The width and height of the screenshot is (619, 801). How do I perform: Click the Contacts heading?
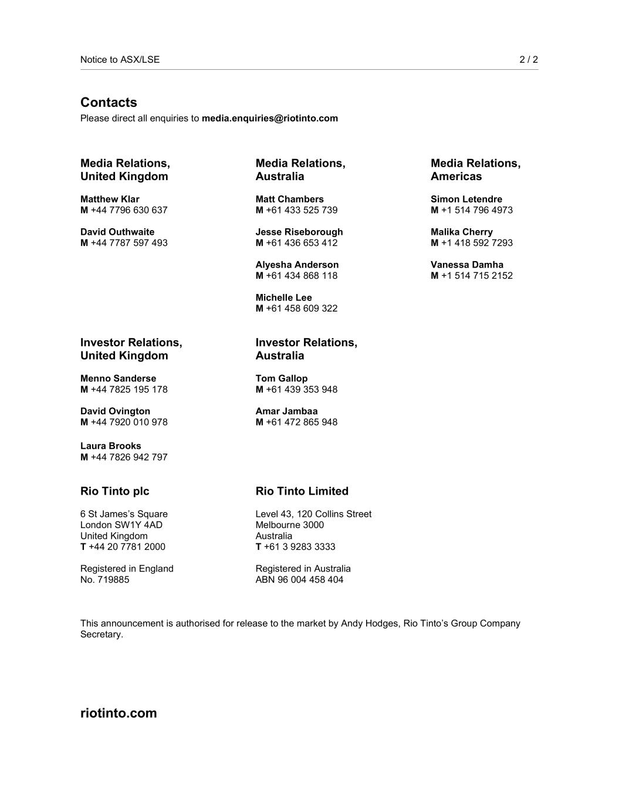tap(109, 103)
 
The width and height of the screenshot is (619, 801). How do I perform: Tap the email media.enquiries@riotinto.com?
tap(270, 119)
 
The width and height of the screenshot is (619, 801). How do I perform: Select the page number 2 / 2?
tap(528, 59)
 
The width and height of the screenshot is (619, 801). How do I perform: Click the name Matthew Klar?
tap(110, 200)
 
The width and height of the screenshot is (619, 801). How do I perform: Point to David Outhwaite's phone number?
tap(128, 243)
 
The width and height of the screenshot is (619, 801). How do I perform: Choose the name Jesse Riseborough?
tap(299, 232)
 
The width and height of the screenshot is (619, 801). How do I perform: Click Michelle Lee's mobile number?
tap(301, 309)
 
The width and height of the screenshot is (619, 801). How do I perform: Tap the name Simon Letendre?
tap(466, 200)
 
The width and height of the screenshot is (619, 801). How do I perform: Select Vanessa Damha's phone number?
tap(476, 276)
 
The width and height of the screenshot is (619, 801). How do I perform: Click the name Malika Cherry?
tap(462, 232)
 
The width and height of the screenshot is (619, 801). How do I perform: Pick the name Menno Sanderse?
tap(118, 378)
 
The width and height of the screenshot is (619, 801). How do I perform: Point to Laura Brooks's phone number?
tap(128, 457)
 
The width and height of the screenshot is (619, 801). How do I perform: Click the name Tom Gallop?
tap(282, 378)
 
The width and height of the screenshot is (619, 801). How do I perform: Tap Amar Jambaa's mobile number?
tap(301, 423)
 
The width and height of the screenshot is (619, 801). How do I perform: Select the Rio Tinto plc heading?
tap(115, 491)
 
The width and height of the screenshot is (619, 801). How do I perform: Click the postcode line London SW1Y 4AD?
tap(121, 525)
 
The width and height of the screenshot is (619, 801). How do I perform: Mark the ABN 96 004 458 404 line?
tap(299, 580)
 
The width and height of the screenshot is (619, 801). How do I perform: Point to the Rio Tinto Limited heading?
tap(302, 491)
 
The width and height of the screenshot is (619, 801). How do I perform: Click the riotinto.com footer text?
tap(119, 713)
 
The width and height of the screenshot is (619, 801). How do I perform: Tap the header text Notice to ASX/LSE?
tap(120, 59)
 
